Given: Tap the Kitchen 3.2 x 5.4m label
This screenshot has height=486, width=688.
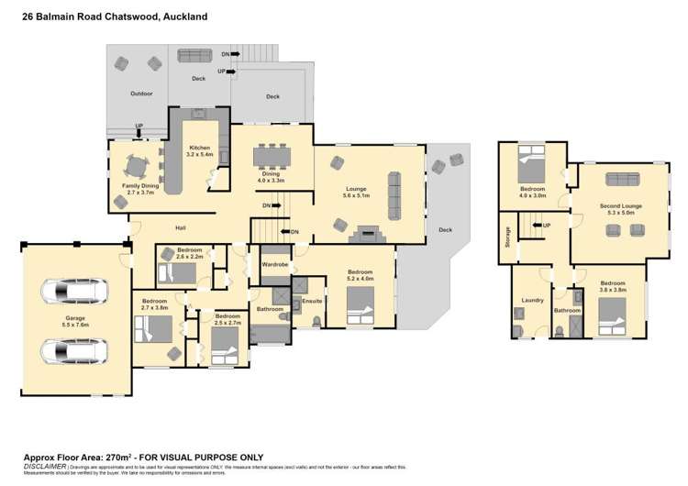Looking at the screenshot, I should [x=200, y=151].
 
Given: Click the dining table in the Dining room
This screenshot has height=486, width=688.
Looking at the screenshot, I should [x=271, y=155].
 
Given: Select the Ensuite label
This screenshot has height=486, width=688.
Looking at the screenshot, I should [x=312, y=301].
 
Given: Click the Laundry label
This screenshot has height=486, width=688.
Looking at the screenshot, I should [x=532, y=301].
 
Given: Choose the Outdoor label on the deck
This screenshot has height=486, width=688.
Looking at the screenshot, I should [x=140, y=94].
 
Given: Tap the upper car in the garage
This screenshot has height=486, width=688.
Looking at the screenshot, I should [x=74, y=293].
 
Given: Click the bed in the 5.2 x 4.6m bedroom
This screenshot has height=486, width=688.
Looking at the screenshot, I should [x=361, y=305].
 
